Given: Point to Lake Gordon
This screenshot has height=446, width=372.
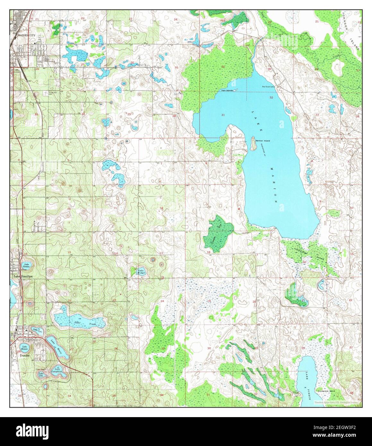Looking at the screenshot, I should pos(26,265).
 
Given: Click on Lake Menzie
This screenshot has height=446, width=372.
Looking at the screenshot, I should pos(25,347).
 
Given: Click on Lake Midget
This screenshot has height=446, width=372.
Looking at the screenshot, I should pos(141,272).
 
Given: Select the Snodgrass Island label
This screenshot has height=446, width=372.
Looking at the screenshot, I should pos(325,391).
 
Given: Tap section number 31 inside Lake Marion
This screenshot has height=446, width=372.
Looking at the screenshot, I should pos(223,115).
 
